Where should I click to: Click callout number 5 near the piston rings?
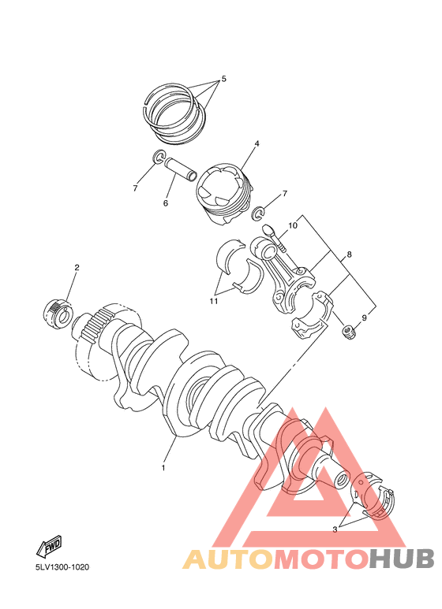223,79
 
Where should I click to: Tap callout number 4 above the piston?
257,144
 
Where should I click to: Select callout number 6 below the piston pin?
166,203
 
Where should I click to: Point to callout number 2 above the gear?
77,268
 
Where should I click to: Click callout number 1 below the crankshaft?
163,467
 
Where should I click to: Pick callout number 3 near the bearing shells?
335,529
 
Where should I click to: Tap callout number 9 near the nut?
364,317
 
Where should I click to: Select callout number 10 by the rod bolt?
292,226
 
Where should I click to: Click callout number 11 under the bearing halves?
213,300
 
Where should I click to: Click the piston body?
224,191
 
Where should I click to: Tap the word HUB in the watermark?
402,559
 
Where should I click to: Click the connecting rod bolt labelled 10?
275,239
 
